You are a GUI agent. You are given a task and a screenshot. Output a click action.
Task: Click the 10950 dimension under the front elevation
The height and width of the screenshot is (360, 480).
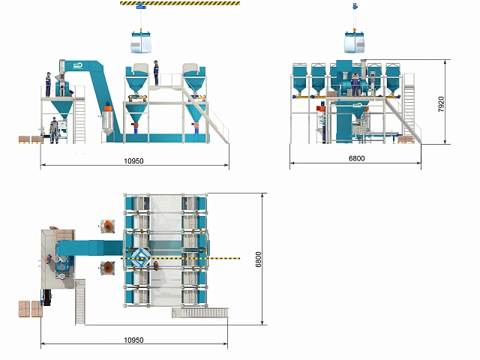133,160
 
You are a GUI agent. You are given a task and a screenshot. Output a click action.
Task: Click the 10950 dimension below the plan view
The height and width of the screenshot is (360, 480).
133,340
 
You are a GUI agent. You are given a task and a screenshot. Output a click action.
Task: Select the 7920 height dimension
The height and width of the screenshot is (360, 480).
441,104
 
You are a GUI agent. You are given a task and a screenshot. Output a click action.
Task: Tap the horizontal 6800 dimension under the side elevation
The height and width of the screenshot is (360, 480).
357,158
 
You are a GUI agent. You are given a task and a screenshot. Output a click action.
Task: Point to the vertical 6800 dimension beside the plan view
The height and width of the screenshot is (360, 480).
258,259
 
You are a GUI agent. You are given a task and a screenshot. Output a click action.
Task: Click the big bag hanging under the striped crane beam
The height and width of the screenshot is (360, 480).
141,42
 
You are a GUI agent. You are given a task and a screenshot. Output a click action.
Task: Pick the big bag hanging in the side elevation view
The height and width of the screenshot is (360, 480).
355,42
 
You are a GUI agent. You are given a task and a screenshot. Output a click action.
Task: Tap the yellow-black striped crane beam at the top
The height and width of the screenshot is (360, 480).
180,3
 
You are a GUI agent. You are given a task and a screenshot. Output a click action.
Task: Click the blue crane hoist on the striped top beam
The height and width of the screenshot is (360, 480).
140,5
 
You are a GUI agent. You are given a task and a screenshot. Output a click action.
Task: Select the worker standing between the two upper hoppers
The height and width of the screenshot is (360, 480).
156,73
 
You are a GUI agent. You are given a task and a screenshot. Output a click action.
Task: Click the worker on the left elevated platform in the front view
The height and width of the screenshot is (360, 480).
48,85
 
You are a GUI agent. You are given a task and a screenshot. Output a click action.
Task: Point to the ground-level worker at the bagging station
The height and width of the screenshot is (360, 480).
54,130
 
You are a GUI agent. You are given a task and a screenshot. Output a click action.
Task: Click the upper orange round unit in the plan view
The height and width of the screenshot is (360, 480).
108,226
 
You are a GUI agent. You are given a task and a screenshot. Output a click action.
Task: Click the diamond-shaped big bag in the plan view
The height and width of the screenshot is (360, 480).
141,258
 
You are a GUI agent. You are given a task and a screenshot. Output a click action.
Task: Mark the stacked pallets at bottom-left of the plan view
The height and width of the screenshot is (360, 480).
31,308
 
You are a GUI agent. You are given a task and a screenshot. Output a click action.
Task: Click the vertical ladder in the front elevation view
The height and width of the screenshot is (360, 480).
80,120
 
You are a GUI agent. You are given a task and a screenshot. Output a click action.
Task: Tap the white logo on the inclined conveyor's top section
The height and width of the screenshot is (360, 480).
78,64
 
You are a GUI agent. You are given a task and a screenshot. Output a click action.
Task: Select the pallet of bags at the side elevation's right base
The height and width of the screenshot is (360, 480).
406,139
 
